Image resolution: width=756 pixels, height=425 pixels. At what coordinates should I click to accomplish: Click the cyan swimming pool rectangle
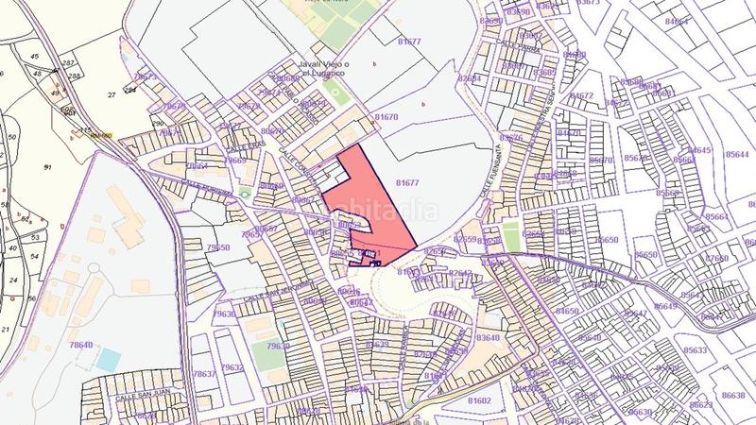(x=109, y=359)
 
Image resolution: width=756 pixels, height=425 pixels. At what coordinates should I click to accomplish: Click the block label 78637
(x=204, y=375)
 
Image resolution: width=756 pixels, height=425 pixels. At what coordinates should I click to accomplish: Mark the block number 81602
(x=478, y=400)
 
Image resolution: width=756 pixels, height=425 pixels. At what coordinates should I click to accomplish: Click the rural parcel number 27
(x=112, y=95)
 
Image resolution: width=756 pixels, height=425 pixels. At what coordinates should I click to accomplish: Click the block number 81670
(x=387, y=116)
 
